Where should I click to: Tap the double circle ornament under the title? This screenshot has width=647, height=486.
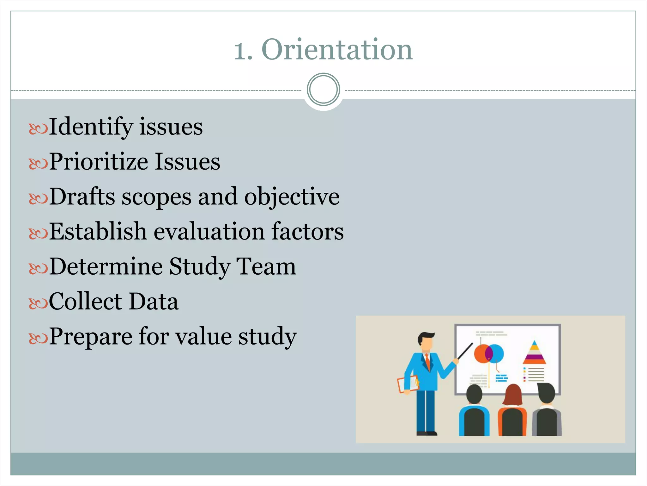pyautogui.click(x=323, y=89)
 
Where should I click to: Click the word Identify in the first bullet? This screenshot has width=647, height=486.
pyautogui.click(x=91, y=127)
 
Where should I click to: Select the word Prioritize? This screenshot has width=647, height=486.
pyautogui.click(x=98, y=161)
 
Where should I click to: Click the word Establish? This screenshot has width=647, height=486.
pyautogui.click(x=98, y=231)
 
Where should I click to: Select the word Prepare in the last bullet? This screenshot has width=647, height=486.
pyautogui.click(x=90, y=336)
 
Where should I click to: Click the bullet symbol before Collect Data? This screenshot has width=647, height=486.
pyautogui.click(x=38, y=304)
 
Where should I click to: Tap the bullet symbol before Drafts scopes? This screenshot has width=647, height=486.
pyautogui.click(x=38, y=199)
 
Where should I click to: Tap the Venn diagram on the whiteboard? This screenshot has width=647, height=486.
pyautogui.click(x=489, y=353)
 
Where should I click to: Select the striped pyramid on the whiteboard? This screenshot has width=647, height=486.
pyautogui.click(x=534, y=352)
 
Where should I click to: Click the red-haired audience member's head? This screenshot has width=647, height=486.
pyautogui.click(x=513, y=394)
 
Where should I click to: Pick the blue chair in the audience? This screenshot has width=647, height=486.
pyautogui.click(x=474, y=421)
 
